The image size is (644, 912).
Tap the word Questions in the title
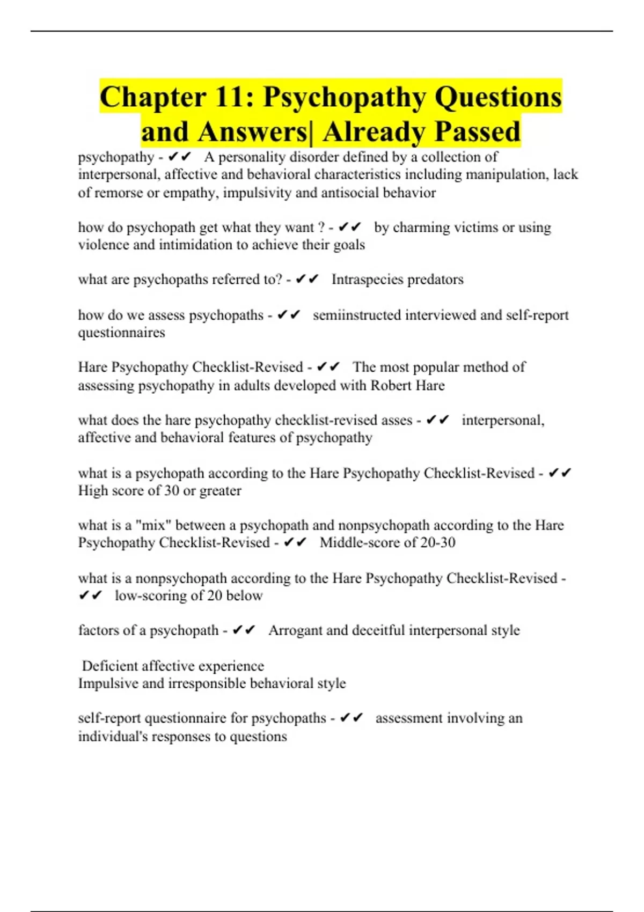[498, 98]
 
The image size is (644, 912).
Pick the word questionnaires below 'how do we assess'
[121, 333]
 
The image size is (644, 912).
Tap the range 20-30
[438, 543]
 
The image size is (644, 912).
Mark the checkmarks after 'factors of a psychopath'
[244, 630]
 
